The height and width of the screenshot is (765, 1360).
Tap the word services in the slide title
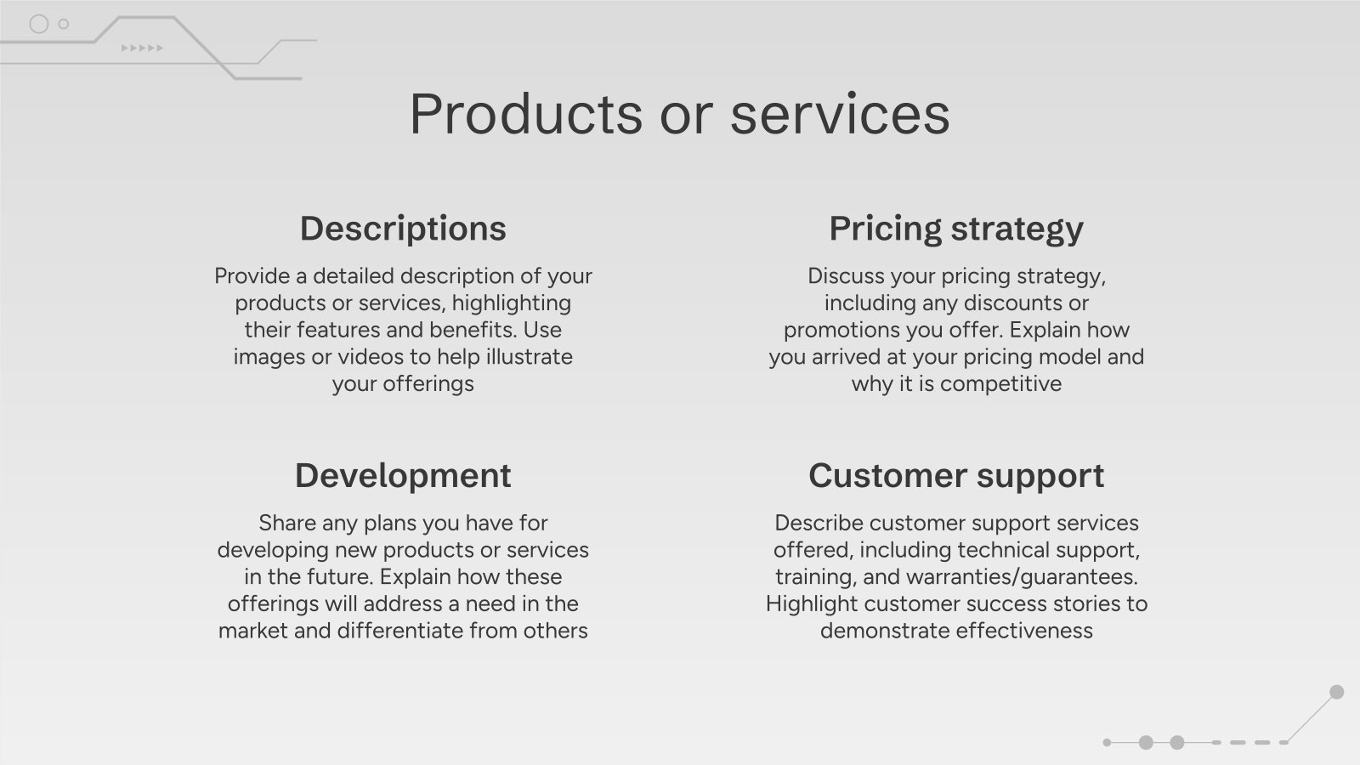click(x=840, y=114)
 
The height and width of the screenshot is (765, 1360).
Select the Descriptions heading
click(x=403, y=229)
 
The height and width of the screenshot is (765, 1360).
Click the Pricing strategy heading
click(x=956, y=229)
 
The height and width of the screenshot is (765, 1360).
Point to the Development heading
click(x=403, y=476)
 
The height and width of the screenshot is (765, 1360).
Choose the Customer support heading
click(x=956, y=476)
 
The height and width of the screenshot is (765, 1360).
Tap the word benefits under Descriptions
click(x=470, y=330)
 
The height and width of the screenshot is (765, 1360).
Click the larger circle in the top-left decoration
click(x=39, y=24)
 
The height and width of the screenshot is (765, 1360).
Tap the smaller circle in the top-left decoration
click(x=64, y=24)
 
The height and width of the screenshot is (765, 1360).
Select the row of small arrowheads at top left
click(x=142, y=48)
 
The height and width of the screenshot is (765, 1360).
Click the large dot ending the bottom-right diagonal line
click(x=1336, y=692)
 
